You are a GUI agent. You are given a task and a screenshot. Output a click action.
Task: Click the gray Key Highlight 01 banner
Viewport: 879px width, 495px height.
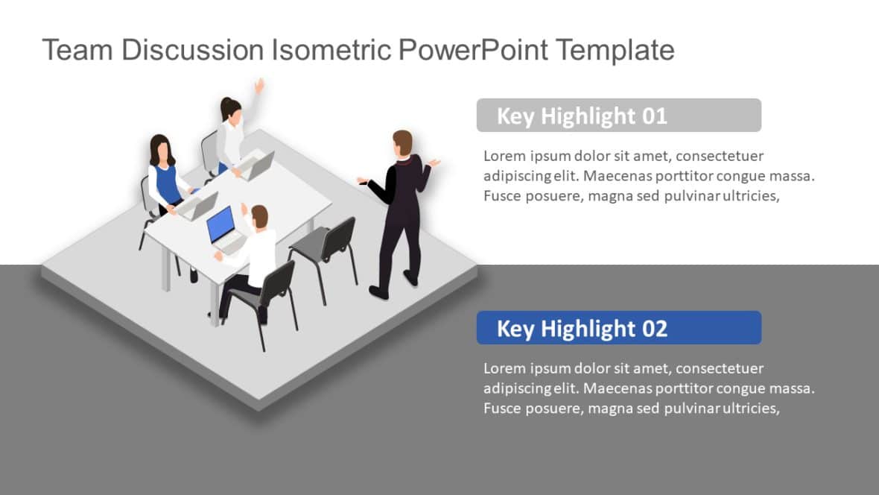[618, 116]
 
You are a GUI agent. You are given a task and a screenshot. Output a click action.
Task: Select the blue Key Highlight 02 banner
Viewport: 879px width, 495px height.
[618, 328]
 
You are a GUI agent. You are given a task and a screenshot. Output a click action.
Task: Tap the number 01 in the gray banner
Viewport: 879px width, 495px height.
[653, 116]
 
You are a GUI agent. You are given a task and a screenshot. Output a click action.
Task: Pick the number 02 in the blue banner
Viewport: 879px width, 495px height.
[653, 329]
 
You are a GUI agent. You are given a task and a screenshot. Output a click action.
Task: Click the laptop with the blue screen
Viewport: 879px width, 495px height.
[222, 227]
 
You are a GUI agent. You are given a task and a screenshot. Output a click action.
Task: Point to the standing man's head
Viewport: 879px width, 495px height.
[402, 143]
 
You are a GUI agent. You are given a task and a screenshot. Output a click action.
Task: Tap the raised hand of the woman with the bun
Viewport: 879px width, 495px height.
[259, 85]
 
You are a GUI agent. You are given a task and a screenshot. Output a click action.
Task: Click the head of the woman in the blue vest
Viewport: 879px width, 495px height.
[160, 149]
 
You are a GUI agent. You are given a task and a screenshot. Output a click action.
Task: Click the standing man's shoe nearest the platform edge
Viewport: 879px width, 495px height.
[378, 293]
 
